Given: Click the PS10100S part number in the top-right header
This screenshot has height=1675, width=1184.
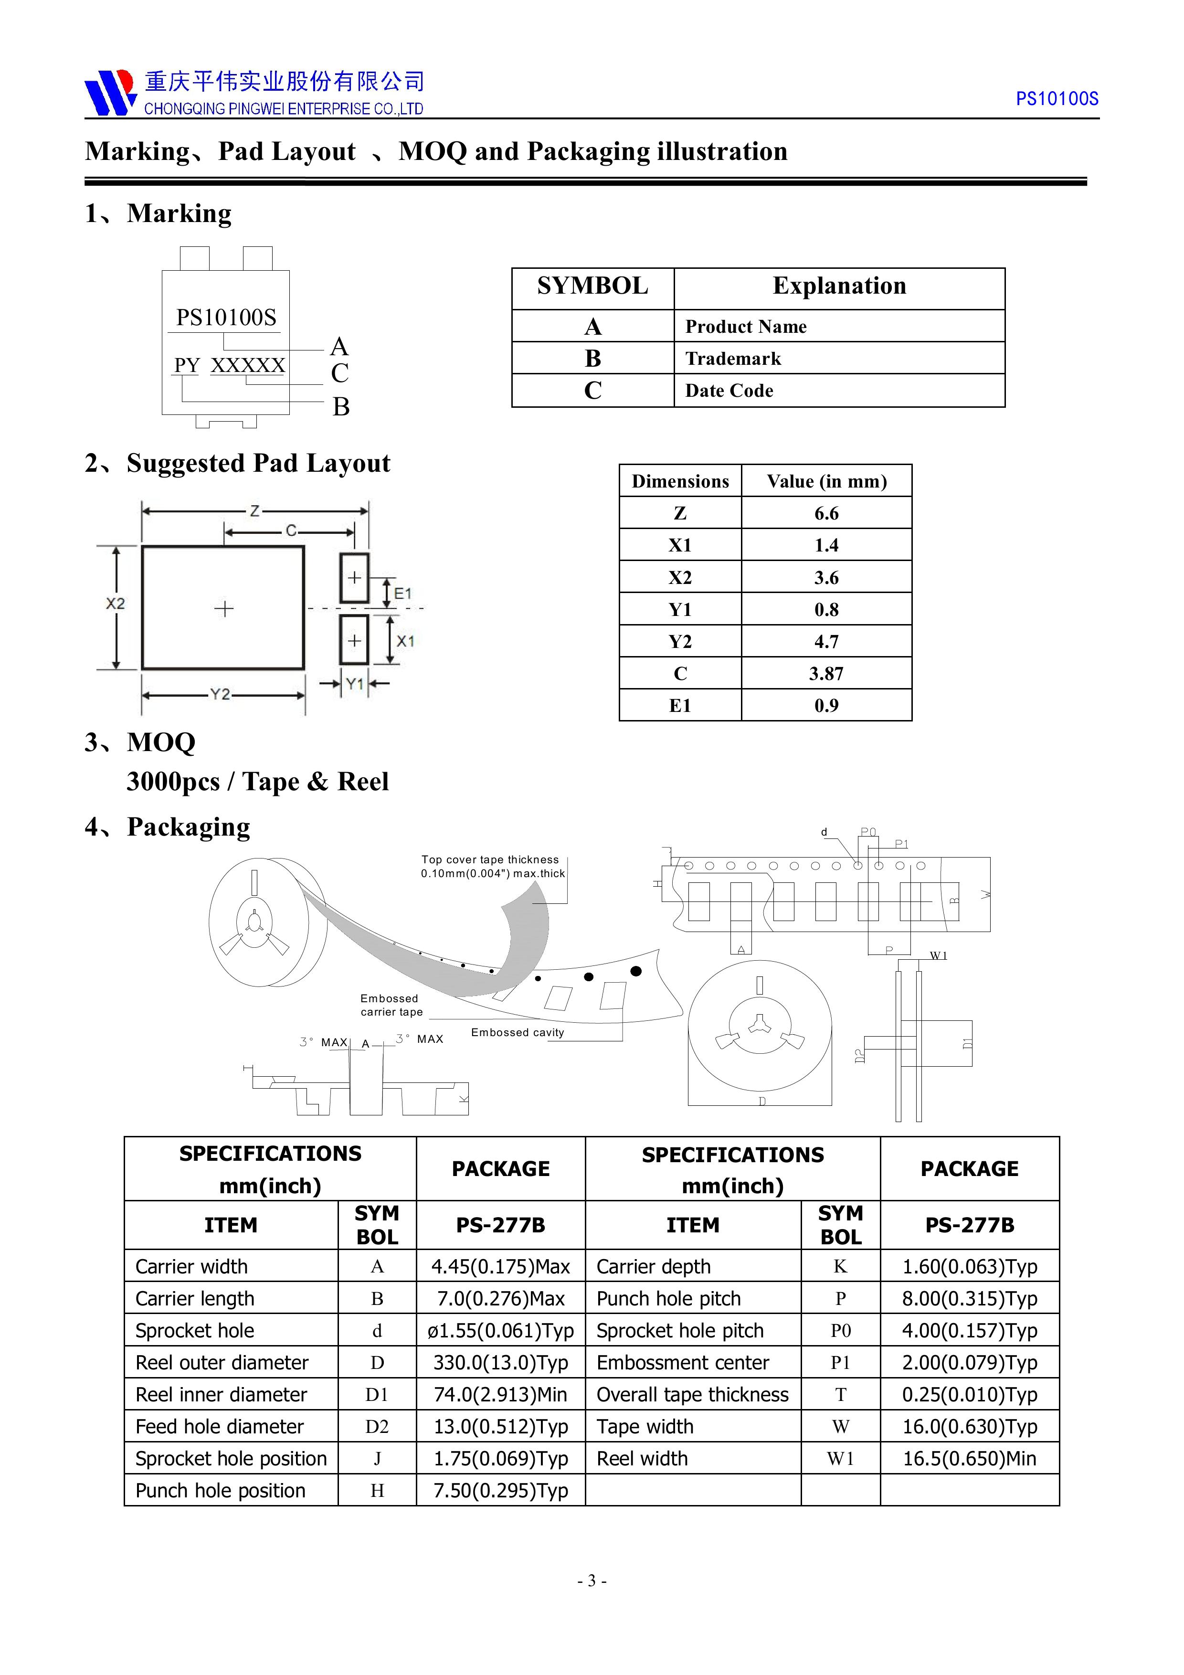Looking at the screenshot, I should coord(1057,99).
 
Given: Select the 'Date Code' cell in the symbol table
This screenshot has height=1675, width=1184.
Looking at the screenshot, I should coord(729,391).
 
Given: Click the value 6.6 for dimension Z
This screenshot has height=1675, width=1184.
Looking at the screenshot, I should coord(826,514).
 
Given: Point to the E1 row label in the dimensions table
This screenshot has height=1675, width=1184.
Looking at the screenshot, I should coord(680,705).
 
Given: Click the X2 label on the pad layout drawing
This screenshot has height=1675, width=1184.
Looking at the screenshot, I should coord(115,604).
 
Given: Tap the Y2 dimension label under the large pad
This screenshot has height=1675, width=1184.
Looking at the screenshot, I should coord(220,695).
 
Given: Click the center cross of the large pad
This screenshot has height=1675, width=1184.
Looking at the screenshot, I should coord(224,608).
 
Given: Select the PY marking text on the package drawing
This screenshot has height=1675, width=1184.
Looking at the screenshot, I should coord(187,365).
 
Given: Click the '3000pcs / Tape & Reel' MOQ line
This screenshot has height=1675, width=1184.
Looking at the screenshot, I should coord(257,781).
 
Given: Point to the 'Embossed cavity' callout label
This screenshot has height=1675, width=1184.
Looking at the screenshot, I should coord(517,1032).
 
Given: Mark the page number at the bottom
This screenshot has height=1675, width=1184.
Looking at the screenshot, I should coord(592,1581).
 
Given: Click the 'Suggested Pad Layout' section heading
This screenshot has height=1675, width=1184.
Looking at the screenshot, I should coord(258,463).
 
